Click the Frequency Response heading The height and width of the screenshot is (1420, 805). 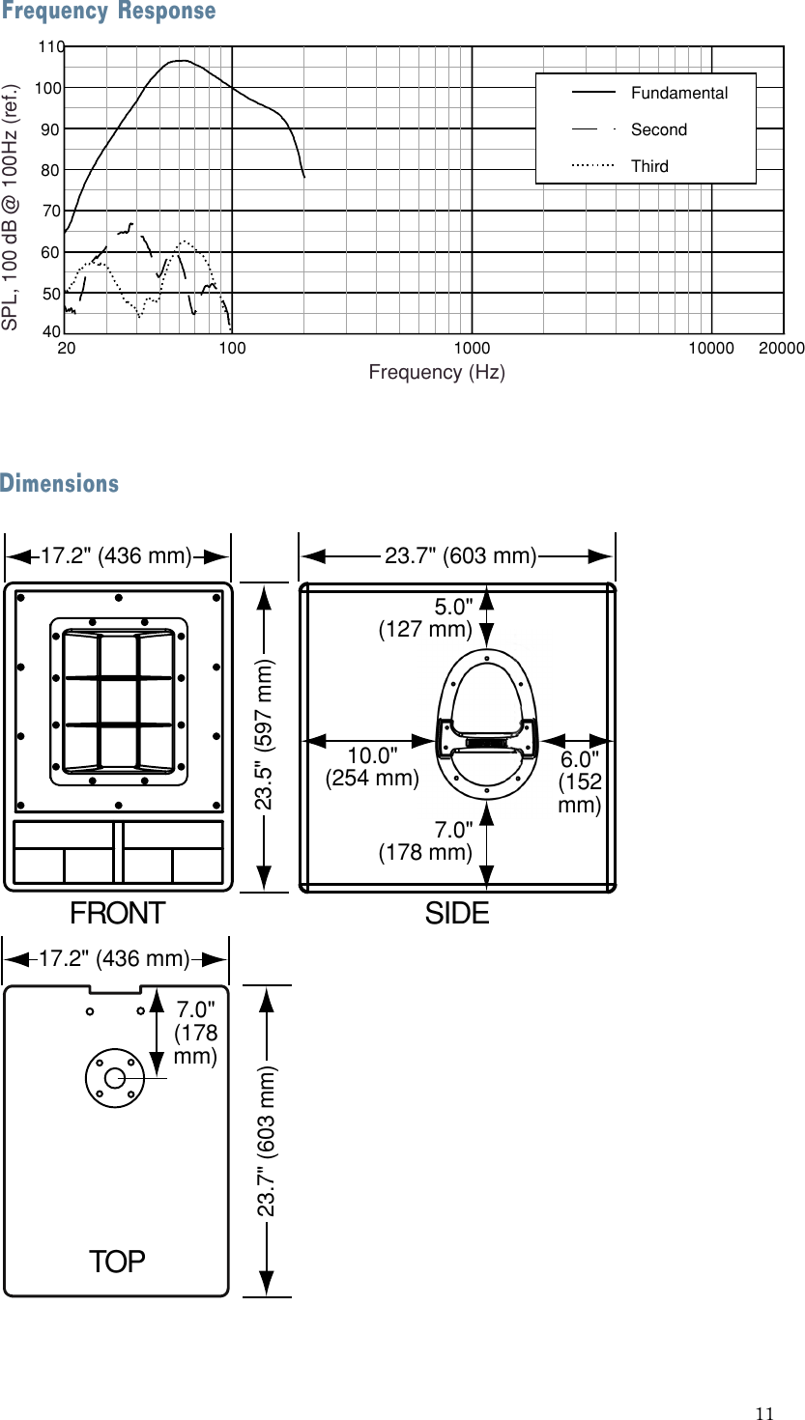pos(108,12)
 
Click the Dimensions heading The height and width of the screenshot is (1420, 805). pos(60,483)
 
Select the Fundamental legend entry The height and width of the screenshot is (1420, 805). pos(678,93)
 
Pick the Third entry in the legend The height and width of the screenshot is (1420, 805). pos(649,166)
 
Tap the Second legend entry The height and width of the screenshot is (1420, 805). pos(658,129)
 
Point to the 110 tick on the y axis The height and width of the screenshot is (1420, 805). pos(51,46)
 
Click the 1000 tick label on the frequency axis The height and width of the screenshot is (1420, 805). pos(472,348)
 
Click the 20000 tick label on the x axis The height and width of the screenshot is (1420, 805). pos(781,348)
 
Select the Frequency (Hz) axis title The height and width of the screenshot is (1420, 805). pos(437,372)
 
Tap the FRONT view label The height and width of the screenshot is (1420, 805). pos(117,913)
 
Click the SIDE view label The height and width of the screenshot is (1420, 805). pos(457,913)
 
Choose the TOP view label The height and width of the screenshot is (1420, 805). pos(117,1261)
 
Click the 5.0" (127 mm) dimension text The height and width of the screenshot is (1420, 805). pos(426,619)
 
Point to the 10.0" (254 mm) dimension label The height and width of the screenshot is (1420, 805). pos(372,766)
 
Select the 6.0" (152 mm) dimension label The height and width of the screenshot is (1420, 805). pos(579,781)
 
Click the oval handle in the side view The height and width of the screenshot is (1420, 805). pos(487,724)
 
